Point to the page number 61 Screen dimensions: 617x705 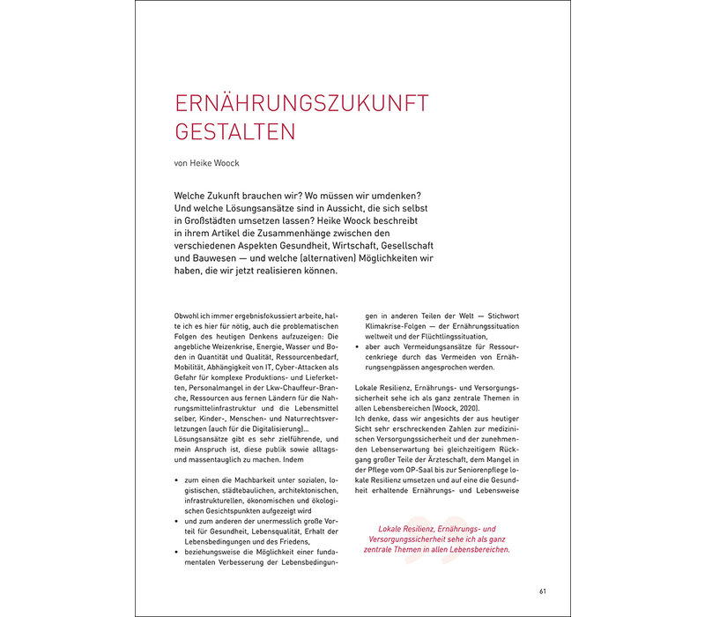[543, 591]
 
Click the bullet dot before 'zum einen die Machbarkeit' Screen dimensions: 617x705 [180, 480]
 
